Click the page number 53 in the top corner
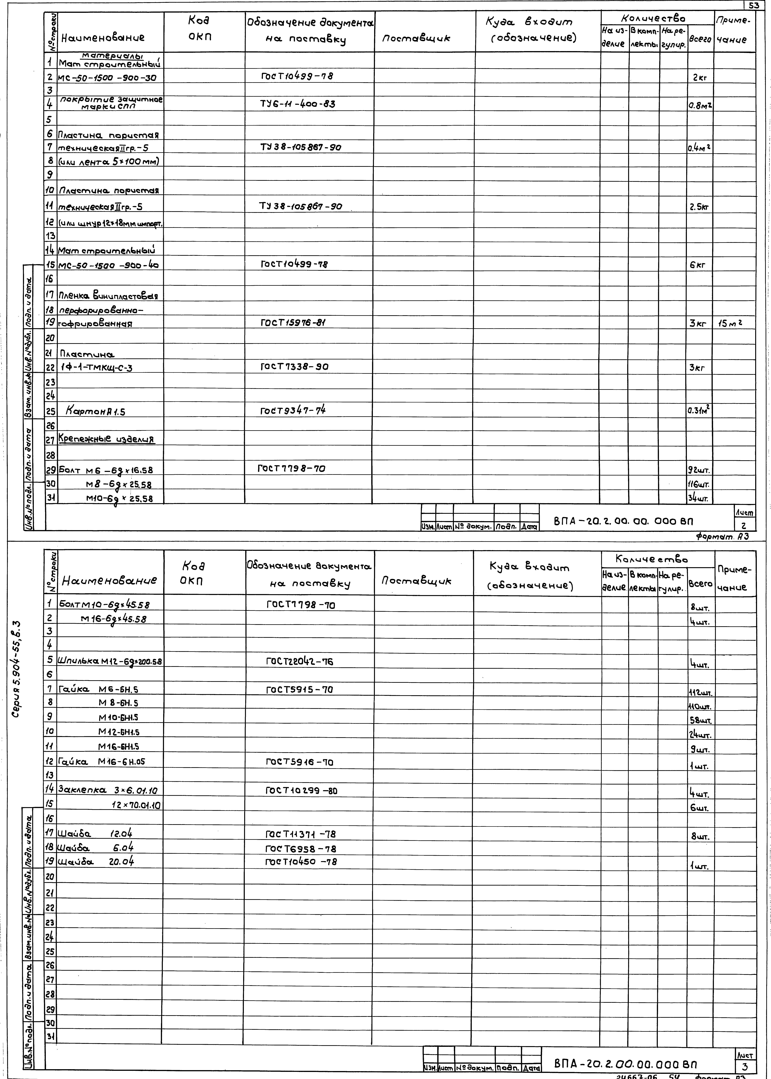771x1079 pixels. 753,6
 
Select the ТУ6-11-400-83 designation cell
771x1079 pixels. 298,104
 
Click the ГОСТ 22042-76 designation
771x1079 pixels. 300,661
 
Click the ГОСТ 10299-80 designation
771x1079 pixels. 301,791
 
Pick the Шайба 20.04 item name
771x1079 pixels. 95,862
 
